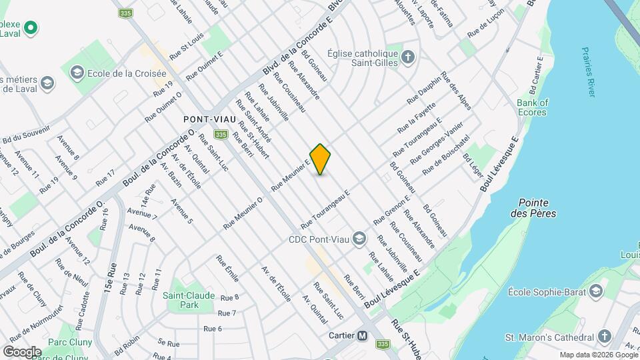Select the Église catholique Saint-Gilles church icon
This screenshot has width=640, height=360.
point(408,59)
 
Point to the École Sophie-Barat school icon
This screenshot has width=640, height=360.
point(595,291)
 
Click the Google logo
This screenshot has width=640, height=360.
point(22,351)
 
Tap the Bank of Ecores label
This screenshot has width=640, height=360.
point(533,107)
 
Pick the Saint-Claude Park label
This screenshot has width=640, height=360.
point(180,300)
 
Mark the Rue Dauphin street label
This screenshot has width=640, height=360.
point(423,90)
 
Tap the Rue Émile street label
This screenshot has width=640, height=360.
point(227,268)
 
